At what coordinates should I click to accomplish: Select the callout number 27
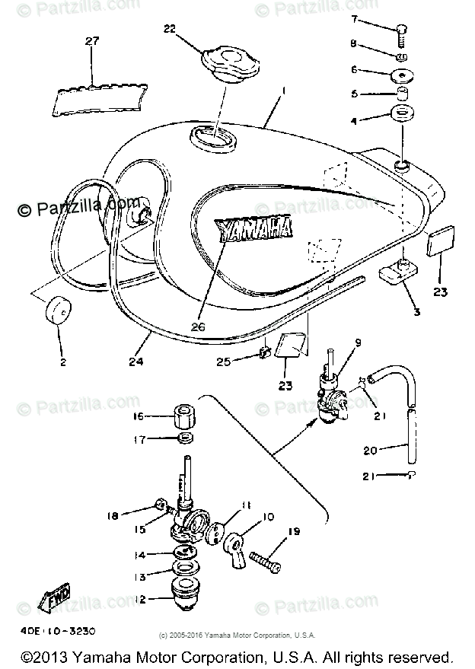point(92,42)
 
